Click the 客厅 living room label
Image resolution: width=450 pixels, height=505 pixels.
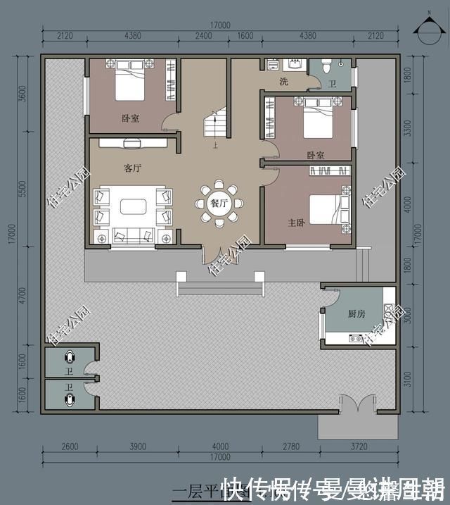click(132, 168)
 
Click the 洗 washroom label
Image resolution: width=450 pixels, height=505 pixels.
click(283, 82)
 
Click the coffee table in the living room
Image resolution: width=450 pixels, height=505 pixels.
click(133, 206)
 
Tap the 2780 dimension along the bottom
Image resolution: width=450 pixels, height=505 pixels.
click(291, 446)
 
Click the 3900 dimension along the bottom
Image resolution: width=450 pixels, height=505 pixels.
click(137, 446)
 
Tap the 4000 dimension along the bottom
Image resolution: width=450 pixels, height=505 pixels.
click(221, 446)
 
